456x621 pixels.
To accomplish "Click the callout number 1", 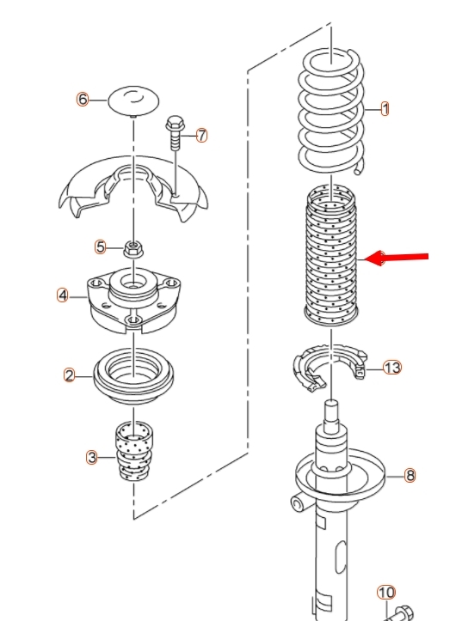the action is click(385, 109).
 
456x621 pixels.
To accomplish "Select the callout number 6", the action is click(83, 99).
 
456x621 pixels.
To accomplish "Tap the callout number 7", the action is click(202, 136).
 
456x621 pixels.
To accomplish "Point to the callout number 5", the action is click(101, 247).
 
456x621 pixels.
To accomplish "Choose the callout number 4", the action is click(62, 295).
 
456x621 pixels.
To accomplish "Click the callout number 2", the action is click(69, 375).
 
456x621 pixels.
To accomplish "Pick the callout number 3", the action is click(92, 458).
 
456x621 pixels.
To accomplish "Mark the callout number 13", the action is click(392, 368).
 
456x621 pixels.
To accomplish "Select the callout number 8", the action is click(410, 475).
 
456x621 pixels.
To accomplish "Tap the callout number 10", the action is click(386, 593).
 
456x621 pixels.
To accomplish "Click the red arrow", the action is click(396, 258).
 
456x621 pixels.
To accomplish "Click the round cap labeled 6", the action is click(133, 101).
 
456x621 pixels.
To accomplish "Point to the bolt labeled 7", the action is click(175, 133).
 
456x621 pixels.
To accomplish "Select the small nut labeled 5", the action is click(133, 249).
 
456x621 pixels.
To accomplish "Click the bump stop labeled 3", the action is click(133, 452).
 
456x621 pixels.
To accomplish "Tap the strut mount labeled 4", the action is click(133, 301).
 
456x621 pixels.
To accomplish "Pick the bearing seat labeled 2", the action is click(133, 376).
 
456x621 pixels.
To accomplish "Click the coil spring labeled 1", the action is click(331, 111).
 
